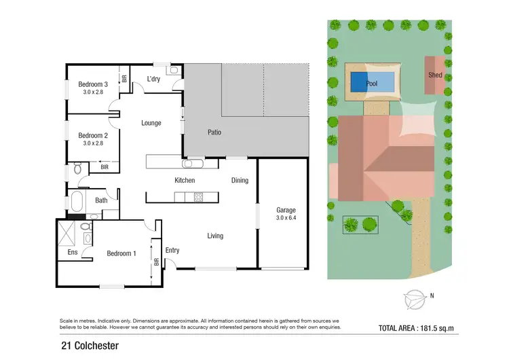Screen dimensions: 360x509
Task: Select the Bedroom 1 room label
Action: [x=121, y=253]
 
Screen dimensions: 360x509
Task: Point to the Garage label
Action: [x=286, y=210]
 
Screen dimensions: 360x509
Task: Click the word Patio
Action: [x=214, y=132]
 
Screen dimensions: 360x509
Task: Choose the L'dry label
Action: [x=153, y=79]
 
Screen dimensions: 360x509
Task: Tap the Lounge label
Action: [x=151, y=123]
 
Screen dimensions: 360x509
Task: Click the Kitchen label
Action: [x=185, y=180]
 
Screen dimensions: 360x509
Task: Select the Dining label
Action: [x=240, y=180]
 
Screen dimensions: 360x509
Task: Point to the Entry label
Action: [x=172, y=250]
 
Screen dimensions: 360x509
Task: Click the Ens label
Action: [x=72, y=252]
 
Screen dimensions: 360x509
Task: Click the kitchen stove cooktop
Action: [x=199, y=197]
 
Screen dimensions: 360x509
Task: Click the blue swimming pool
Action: [x=372, y=83]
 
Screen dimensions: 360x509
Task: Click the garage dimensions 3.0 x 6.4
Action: [x=286, y=219]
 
